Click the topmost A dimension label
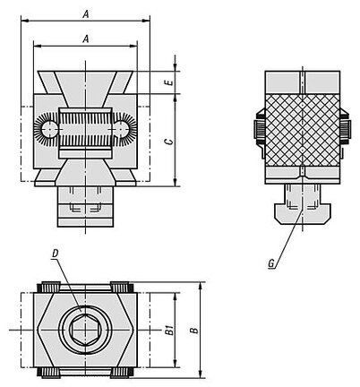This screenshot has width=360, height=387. [x=86, y=14]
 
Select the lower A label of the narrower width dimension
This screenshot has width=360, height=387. [x=86, y=39]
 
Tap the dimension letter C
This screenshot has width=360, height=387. [x=169, y=141]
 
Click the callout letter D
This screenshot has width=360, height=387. [x=56, y=254]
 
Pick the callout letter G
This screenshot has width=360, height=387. [x=271, y=263]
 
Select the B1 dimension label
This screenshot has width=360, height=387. [x=169, y=331]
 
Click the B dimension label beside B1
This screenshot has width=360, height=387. [x=194, y=331]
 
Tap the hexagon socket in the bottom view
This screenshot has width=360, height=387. [x=86, y=331]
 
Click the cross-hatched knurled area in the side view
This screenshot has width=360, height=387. [x=303, y=130]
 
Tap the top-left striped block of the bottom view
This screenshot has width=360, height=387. [x=49, y=288]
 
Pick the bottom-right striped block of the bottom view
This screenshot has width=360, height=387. [x=123, y=373]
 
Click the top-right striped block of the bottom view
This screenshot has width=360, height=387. [x=123, y=288]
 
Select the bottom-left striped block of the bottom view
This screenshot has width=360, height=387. [x=49, y=373]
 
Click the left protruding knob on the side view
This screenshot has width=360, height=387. [x=260, y=130]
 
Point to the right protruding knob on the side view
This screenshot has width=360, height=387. [x=346, y=130]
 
